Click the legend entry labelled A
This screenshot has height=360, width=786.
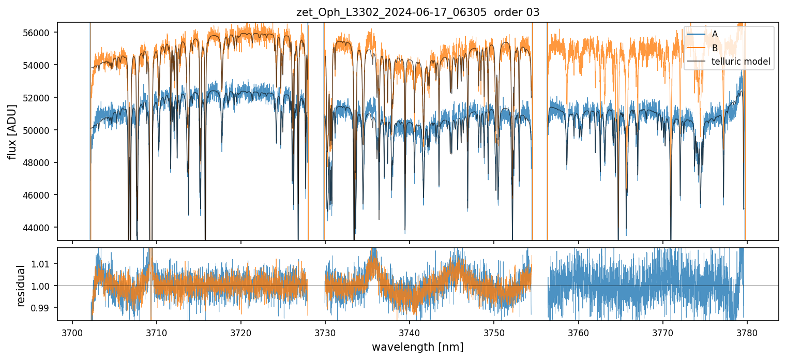[715, 34]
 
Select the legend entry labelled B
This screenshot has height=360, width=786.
[715, 48]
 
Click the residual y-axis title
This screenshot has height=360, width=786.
[21, 286]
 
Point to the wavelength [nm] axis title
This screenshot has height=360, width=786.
[418, 347]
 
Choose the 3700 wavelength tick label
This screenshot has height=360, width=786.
[72, 332]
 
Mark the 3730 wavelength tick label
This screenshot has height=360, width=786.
[325, 332]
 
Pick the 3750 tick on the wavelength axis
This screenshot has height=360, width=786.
[494, 332]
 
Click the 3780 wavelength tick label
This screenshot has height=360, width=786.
[747, 332]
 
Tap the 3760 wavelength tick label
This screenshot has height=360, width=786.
[578, 332]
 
